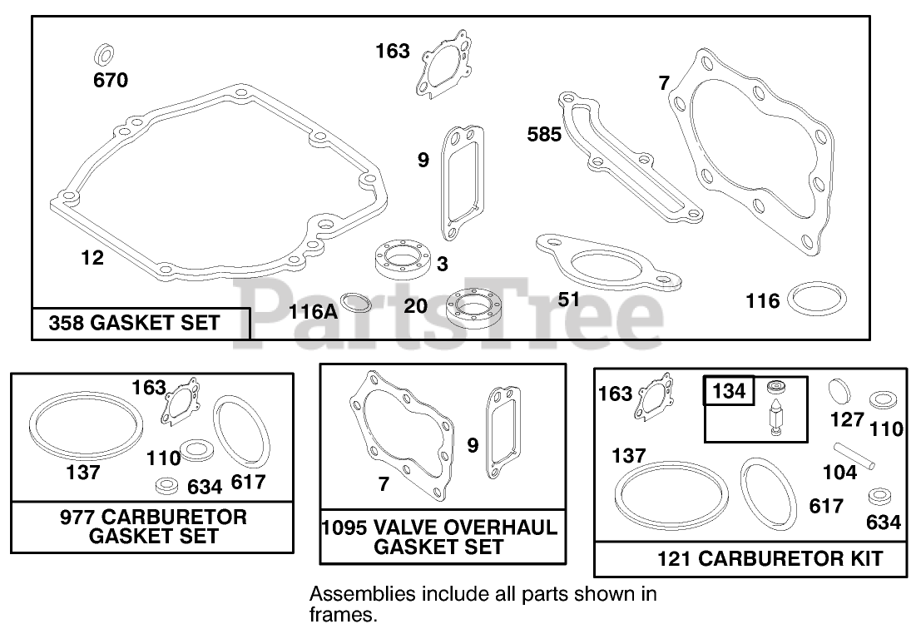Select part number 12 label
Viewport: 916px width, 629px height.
coord(92,258)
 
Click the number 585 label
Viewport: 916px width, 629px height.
coord(544,134)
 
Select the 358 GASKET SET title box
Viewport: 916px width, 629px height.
coord(141,323)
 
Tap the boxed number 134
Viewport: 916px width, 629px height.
coord(729,389)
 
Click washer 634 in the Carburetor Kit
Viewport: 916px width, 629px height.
coord(879,498)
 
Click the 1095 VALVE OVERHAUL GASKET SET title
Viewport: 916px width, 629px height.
coord(438,537)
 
